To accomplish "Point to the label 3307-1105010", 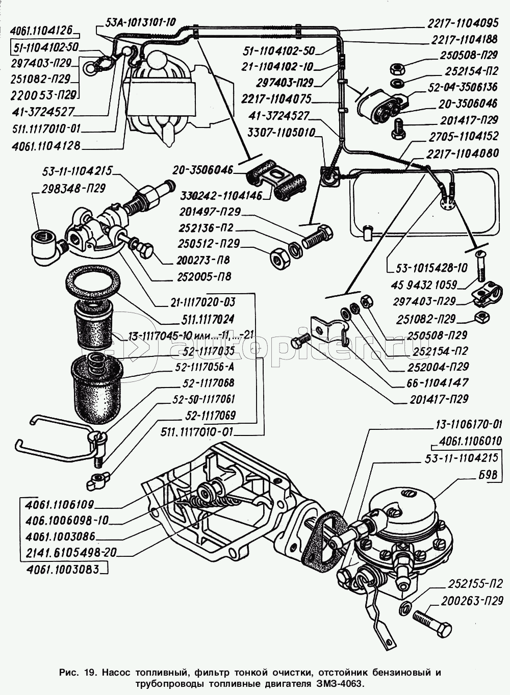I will [x=282, y=133].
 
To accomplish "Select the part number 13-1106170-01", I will [x=469, y=424].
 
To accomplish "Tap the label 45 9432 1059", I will [x=426, y=285].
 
